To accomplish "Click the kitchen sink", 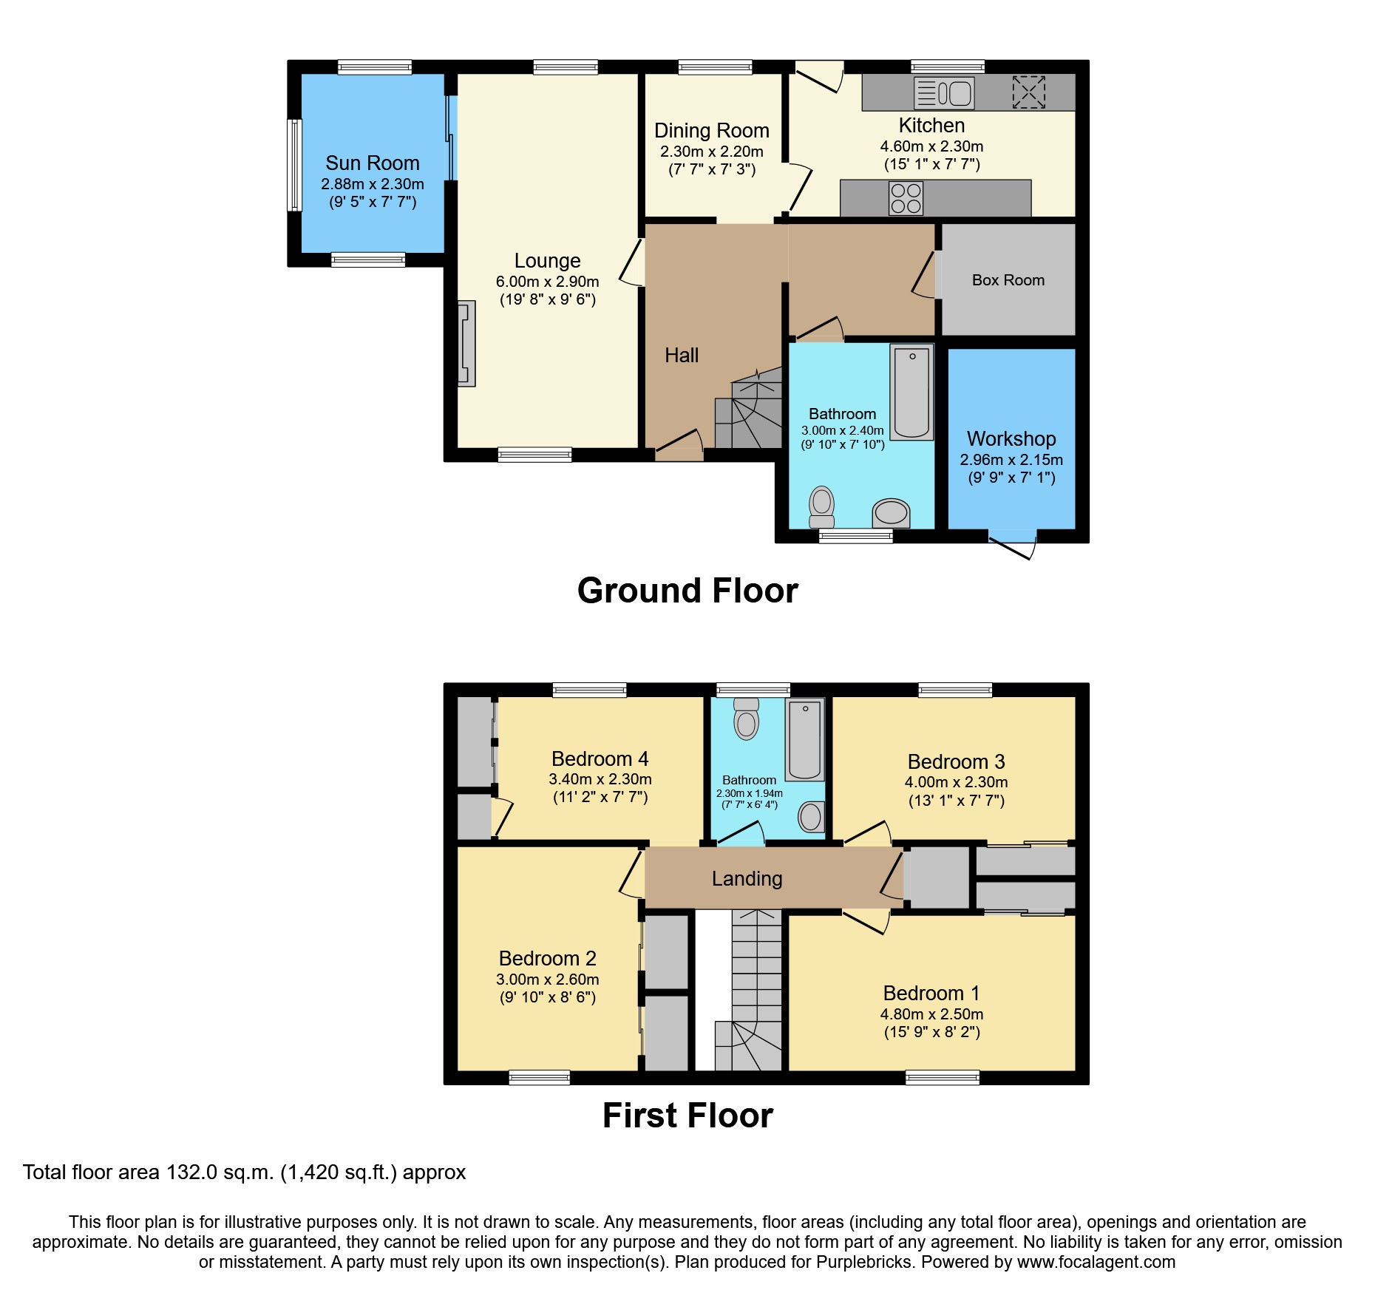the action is click(944, 93).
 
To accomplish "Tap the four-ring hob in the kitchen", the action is click(906, 198).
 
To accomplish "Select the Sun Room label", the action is click(373, 163).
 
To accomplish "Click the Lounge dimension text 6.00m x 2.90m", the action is click(548, 282).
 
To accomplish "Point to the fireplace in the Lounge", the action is click(466, 343).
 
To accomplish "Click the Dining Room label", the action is click(712, 131).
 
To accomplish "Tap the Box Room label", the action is click(1008, 280).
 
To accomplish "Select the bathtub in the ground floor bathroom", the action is click(912, 392).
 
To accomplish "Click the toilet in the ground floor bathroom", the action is click(821, 508).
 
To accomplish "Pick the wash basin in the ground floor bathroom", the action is click(892, 513).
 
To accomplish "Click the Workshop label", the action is click(1011, 439).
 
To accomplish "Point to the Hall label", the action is click(682, 356).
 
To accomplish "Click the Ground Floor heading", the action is click(687, 591).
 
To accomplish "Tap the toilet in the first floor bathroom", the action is click(747, 719).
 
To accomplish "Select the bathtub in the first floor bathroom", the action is click(805, 740).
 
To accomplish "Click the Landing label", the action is click(747, 879).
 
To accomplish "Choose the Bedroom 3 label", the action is click(957, 761).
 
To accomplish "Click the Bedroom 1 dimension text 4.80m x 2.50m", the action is click(932, 1014).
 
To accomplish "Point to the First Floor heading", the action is click(687, 1116).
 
